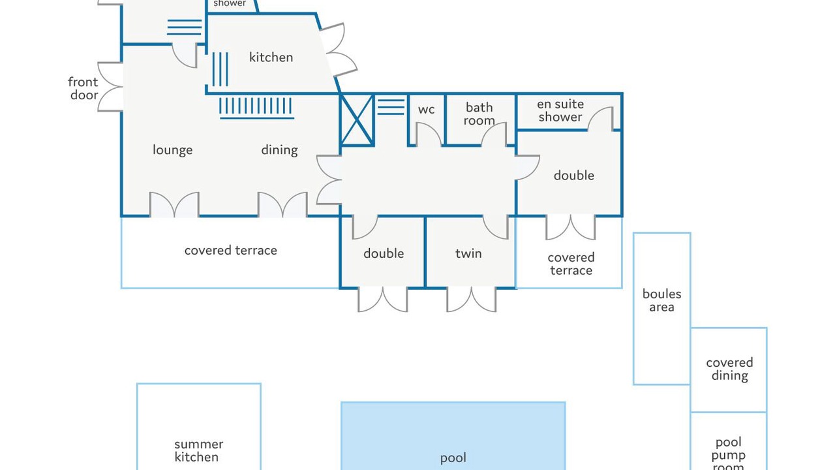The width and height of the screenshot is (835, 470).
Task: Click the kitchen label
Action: pyautogui.click(x=271, y=57)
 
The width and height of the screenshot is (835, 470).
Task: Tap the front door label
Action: pyautogui.click(x=83, y=89)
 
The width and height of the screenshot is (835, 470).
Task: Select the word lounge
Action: pyautogui.click(x=172, y=150)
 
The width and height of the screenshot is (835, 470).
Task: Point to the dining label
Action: pyautogui.click(x=279, y=150)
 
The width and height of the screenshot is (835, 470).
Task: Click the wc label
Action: pyautogui.click(x=426, y=110)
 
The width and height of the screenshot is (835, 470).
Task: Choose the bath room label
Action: pyautogui.click(x=479, y=114)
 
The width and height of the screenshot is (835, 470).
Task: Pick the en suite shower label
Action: pyautogui.click(x=560, y=111)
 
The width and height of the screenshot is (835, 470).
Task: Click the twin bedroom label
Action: pyautogui.click(x=468, y=254)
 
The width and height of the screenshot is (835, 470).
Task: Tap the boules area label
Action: pyautogui.click(x=661, y=301)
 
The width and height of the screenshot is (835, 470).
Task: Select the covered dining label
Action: pyautogui.click(x=729, y=369)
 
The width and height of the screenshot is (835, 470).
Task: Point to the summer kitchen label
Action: pyautogui.click(x=198, y=451)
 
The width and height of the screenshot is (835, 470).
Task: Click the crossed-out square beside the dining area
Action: pyautogui.click(x=357, y=119)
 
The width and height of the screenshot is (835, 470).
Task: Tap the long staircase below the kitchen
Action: pyautogui.click(x=256, y=106)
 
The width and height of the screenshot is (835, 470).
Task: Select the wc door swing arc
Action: pyautogui.click(x=428, y=134)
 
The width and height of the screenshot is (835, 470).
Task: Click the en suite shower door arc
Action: pyautogui.click(x=601, y=119)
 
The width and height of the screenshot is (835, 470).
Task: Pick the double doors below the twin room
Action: pyautogui.click(x=471, y=299)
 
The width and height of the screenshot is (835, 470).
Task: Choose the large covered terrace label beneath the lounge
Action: pyautogui.click(x=230, y=251)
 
